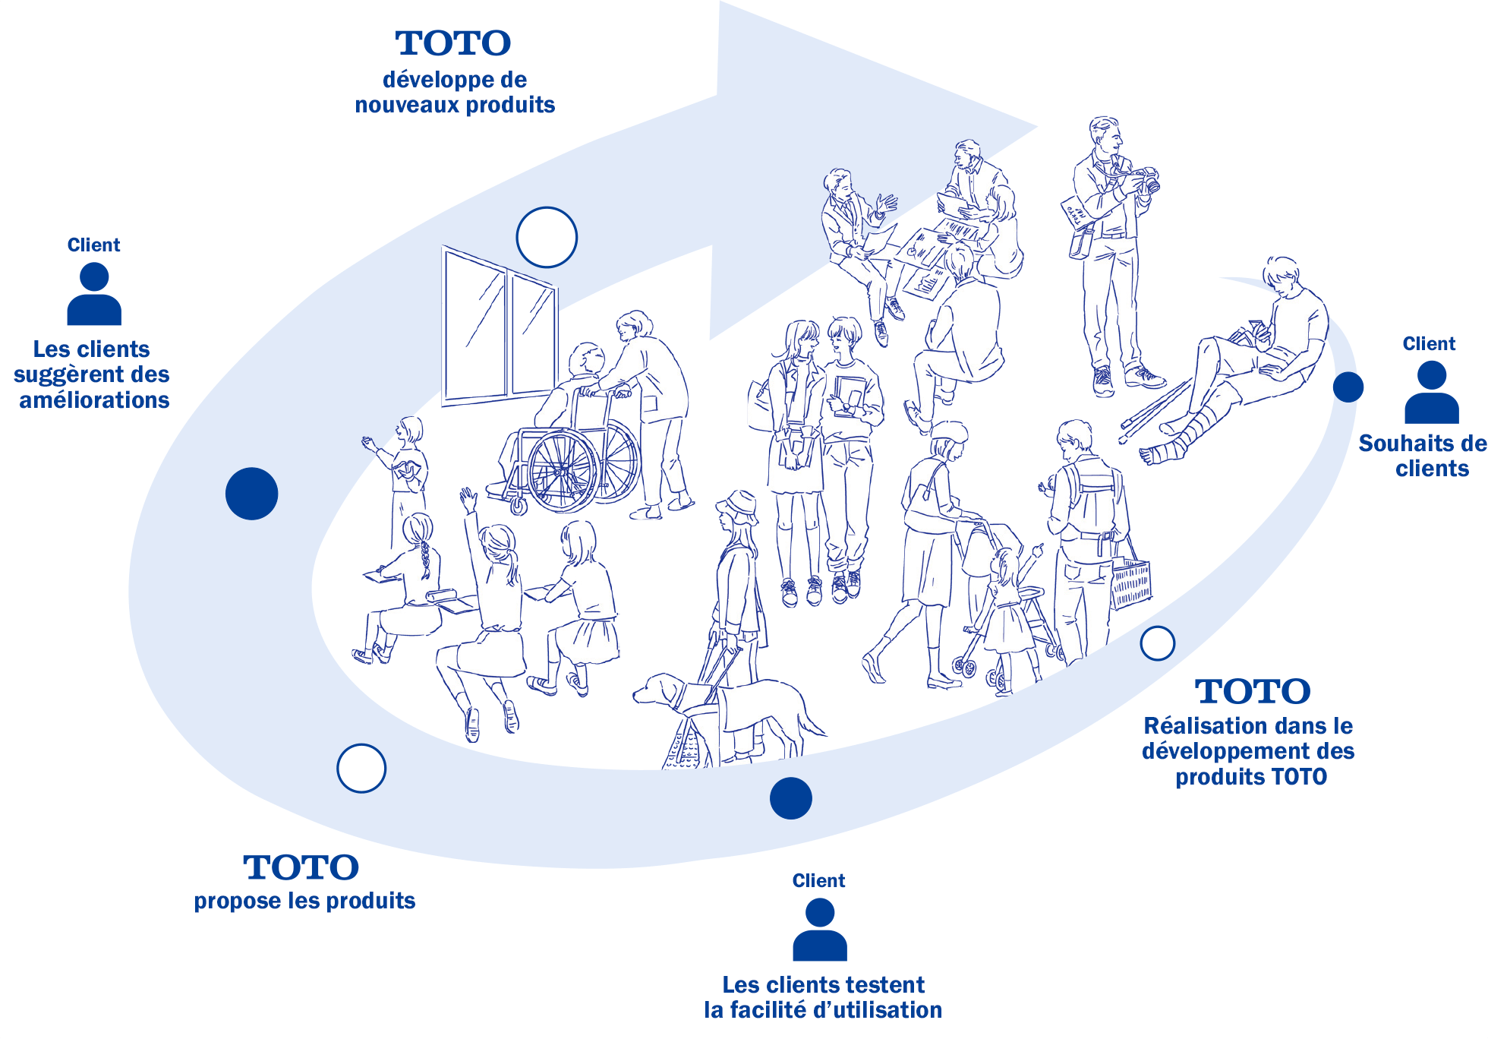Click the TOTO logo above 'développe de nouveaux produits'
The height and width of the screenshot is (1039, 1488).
[x=453, y=43]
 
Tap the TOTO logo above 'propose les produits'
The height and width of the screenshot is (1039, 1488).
[x=301, y=867]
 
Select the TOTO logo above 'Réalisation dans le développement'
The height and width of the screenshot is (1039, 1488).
[x=1253, y=691]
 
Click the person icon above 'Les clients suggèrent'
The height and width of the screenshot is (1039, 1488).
[x=94, y=294]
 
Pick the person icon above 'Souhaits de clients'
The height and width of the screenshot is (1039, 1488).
[x=1432, y=392]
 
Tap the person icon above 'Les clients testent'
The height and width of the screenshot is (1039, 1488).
[x=820, y=930]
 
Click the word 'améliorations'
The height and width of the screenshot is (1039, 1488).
[x=94, y=400]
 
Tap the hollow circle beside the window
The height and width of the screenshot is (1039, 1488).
[x=547, y=237]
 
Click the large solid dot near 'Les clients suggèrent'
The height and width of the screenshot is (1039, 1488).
[x=252, y=494]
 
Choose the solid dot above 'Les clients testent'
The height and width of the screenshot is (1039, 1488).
[x=791, y=798]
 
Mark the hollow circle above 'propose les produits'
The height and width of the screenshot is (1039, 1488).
[x=361, y=768]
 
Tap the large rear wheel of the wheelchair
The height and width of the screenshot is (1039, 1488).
[x=563, y=472]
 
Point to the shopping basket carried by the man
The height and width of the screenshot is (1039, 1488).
[x=1131, y=583]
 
